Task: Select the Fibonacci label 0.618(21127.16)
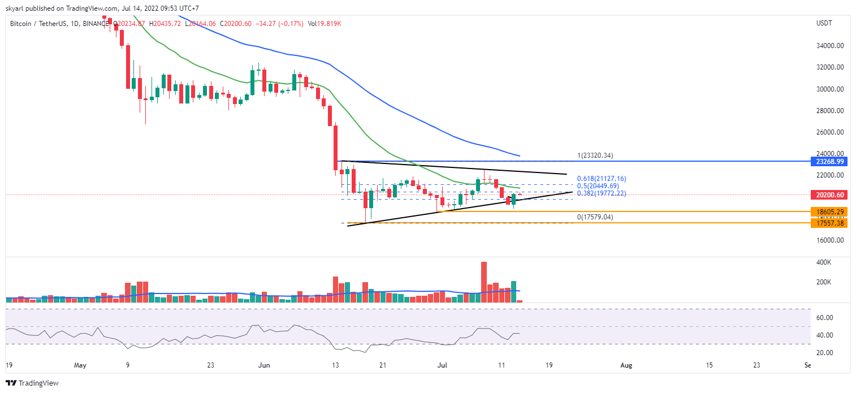(601, 179)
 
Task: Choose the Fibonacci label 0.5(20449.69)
(599, 186)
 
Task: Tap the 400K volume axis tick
(823, 263)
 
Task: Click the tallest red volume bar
(484, 282)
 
